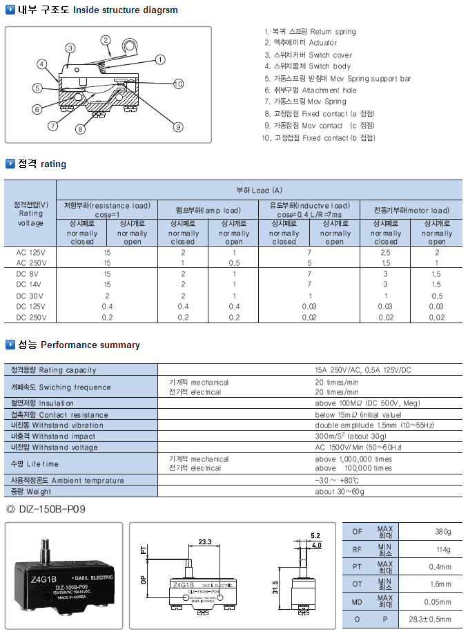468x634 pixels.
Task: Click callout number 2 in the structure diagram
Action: coord(106,40)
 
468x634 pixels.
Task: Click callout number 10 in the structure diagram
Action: coord(178,84)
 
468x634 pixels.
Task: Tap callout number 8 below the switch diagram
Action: coord(81,128)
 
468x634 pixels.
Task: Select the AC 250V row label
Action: coord(30,263)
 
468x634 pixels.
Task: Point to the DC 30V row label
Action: coord(30,296)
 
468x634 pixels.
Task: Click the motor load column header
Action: coord(411,211)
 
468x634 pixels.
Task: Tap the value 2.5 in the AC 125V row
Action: coord(386,253)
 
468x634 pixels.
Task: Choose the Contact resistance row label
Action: coord(60,415)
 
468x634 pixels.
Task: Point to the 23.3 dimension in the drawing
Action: coord(205,541)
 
